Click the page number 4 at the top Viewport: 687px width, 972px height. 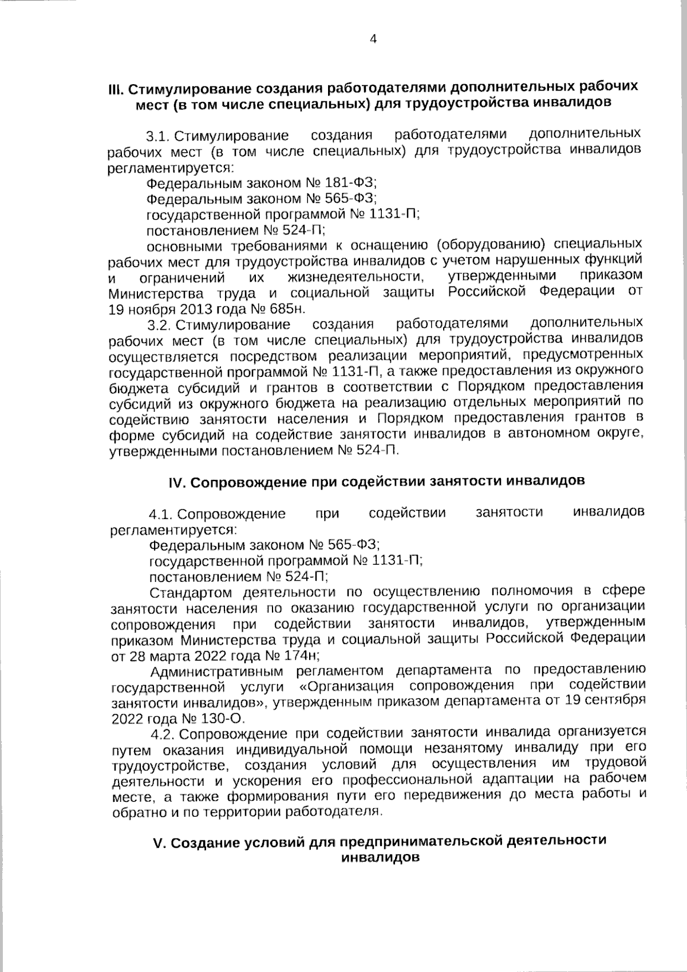coord(373,39)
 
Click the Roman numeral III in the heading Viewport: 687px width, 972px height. coord(116,89)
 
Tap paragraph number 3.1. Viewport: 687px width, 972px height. coord(158,137)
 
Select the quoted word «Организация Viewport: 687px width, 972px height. coord(347,687)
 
